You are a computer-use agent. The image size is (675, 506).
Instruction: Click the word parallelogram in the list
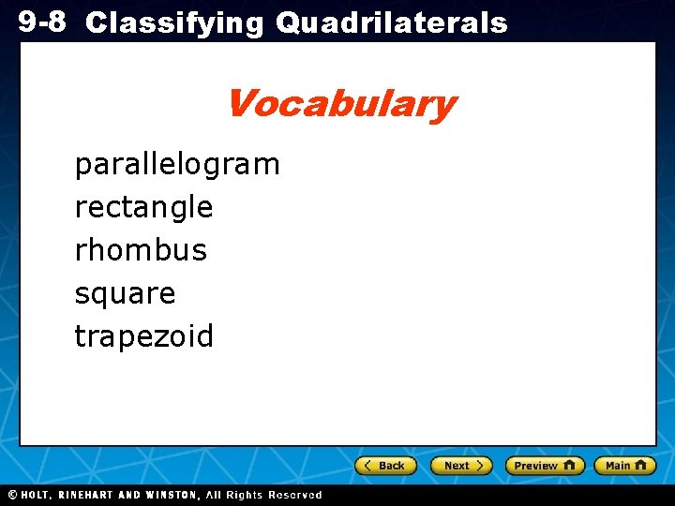coord(177,165)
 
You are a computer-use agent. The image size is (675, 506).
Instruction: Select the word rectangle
coord(143,207)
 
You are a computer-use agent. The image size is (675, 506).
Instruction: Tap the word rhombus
coord(141,250)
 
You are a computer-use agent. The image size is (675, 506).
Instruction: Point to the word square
coord(125,294)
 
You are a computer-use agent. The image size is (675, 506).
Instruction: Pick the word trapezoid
coord(144,336)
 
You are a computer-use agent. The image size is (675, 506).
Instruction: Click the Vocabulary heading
coord(340,103)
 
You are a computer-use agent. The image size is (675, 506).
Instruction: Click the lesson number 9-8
coord(41,22)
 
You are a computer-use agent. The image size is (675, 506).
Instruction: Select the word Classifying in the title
coord(174,23)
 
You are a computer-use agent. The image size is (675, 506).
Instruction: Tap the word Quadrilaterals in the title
coord(391,23)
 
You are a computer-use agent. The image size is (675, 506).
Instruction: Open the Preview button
coord(544,466)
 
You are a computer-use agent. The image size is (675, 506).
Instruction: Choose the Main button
coord(625,466)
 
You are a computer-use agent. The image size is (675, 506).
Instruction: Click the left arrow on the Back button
coord(367,466)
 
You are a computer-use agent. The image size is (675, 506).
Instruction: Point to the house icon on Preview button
coord(569,465)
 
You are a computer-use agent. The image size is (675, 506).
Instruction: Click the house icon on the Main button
coord(640,465)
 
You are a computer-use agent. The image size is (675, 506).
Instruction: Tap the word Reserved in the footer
coord(294,495)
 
